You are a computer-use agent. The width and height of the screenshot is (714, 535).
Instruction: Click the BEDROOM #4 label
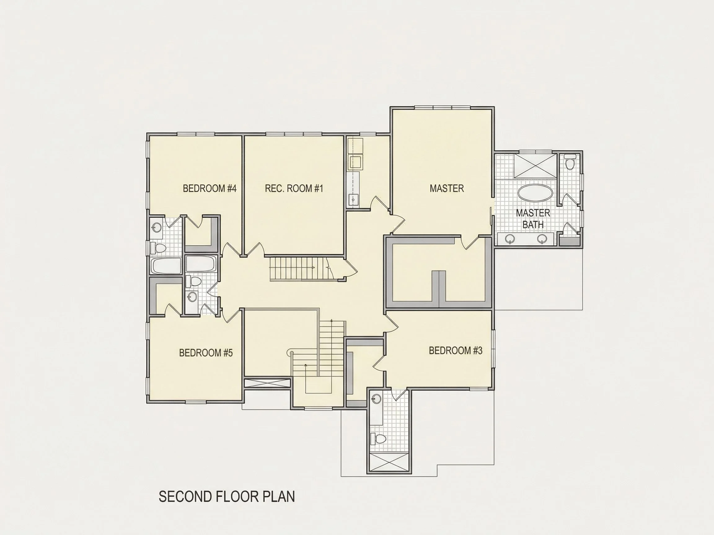tap(209, 188)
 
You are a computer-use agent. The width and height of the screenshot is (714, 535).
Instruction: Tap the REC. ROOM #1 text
tap(294, 188)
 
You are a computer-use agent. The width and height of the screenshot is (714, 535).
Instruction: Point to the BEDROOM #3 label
tap(456, 350)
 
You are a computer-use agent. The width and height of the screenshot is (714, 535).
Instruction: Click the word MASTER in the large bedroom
tap(447, 188)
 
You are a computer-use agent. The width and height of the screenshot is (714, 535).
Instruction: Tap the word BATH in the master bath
tap(533, 224)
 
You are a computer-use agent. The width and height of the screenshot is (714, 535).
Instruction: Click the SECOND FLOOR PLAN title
tap(227, 497)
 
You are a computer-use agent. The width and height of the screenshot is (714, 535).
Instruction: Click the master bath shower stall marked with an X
tap(535, 166)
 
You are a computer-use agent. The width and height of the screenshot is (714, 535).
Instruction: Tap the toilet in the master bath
tap(570, 162)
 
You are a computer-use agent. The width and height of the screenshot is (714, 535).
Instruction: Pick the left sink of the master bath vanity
tap(510, 239)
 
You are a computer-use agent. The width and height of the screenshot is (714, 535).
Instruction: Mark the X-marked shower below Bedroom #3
tap(389, 462)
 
